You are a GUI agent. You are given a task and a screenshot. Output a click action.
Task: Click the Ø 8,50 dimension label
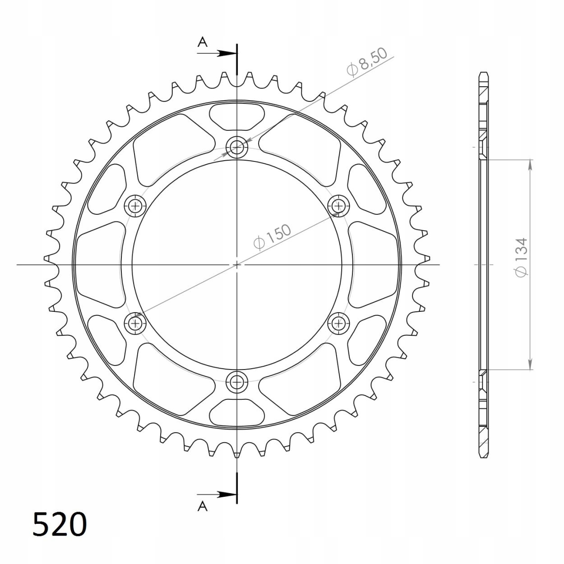coord(367,62)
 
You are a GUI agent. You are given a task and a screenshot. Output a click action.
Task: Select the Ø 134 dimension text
coord(521,257)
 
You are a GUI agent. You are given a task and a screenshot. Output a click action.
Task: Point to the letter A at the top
coord(202,42)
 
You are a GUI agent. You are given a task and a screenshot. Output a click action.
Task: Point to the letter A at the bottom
coord(202,505)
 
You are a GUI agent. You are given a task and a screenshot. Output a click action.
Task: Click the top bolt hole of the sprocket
coord(237,147)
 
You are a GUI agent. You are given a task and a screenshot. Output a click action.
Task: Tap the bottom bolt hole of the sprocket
coord(237,382)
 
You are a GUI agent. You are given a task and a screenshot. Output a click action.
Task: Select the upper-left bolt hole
coord(135,206)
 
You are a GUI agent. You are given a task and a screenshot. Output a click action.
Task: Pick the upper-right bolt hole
coord(339,206)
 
